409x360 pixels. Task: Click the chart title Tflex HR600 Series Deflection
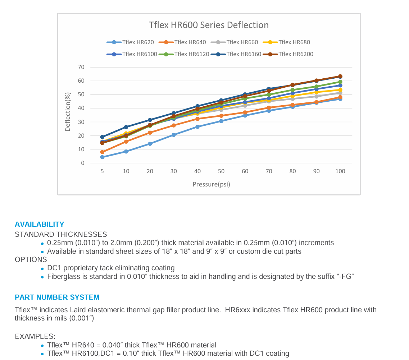(x=209, y=25)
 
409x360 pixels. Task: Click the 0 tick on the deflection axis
(x=82, y=163)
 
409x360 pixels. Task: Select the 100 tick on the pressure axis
(x=340, y=171)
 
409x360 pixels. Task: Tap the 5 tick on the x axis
(x=102, y=171)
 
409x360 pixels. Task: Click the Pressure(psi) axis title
(x=211, y=185)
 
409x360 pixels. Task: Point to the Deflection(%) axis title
(x=68, y=111)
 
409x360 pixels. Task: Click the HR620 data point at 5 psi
(x=102, y=157)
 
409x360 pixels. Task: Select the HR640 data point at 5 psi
(x=102, y=152)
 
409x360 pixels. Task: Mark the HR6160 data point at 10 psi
(x=126, y=127)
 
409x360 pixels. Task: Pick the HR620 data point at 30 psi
(x=174, y=135)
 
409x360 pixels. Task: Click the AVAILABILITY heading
(x=39, y=225)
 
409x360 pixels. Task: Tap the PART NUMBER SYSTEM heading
(x=57, y=297)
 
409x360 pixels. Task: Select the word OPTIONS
(x=31, y=259)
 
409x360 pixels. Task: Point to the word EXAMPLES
(x=35, y=337)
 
